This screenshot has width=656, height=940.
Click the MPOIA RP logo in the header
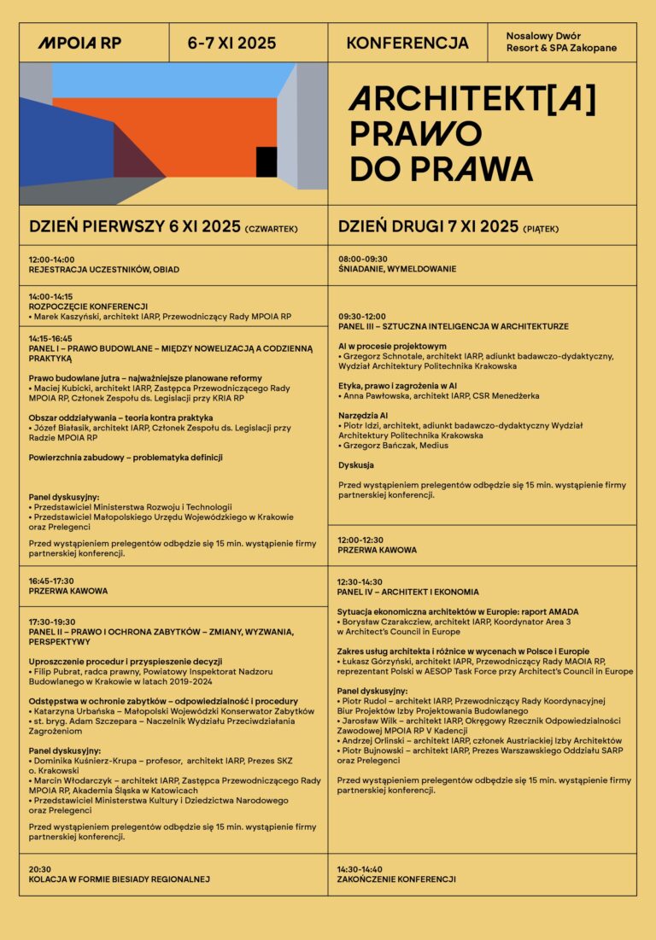pyautogui.click(x=79, y=43)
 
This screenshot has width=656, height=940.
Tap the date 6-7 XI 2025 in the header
pyautogui.click(x=231, y=43)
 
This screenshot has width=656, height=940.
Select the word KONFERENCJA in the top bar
pyautogui.click(x=407, y=43)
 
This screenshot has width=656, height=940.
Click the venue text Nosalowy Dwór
pyautogui.click(x=543, y=37)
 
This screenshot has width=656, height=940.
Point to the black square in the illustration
pyautogui.click(x=266, y=161)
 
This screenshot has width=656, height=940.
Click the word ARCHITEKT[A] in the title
pyautogui.click(x=472, y=101)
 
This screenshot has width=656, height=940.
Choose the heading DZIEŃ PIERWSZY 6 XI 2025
pyautogui.click(x=135, y=226)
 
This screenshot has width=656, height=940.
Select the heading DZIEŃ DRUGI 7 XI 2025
pyautogui.click(x=428, y=226)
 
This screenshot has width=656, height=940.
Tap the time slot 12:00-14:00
pyautogui.click(x=51, y=260)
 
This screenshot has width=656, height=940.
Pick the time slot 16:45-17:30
pyautogui.click(x=51, y=581)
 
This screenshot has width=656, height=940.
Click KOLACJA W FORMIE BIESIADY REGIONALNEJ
pyautogui.click(x=119, y=879)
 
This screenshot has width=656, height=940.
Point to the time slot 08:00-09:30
pyautogui.click(x=362, y=259)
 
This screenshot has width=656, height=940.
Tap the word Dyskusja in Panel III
pyautogui.click(x=356, y=465)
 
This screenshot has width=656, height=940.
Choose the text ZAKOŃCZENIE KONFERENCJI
pyautogui.click(x=396, y=879)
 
